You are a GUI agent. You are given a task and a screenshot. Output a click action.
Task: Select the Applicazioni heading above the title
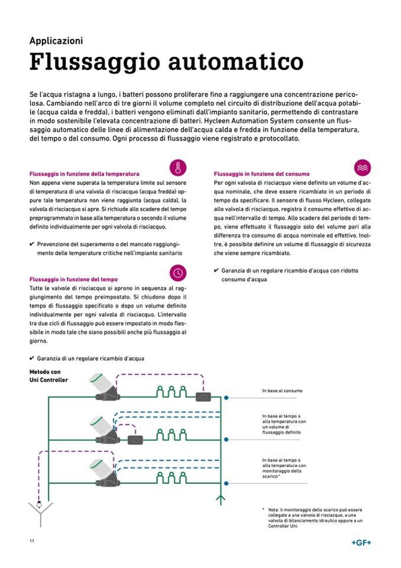click(56, 41)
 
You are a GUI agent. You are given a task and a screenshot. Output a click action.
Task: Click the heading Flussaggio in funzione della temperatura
click(85, 175)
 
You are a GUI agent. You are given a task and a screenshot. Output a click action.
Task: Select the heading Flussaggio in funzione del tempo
click(73, 279)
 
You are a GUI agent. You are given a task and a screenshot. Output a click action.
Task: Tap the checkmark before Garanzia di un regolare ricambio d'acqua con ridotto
click(216, 271)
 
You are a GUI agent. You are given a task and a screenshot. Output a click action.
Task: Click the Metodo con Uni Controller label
click(48, 376)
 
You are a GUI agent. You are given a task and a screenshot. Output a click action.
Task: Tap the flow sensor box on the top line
click(205, 396)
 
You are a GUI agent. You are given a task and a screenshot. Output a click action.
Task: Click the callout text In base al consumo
click(283, 391)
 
